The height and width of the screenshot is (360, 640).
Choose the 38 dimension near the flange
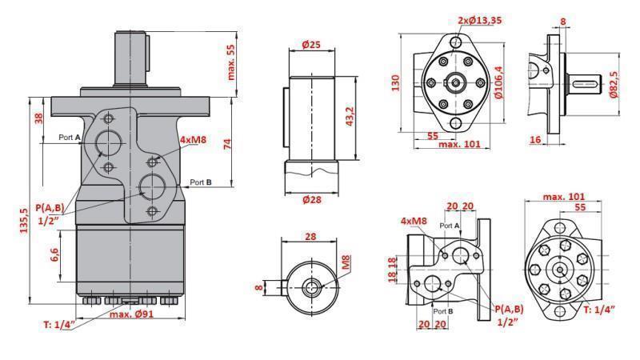(38, 118)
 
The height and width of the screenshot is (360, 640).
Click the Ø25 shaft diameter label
(312, 45)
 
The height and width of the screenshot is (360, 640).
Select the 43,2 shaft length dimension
(350, 110)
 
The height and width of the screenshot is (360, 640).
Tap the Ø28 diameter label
(312, 199)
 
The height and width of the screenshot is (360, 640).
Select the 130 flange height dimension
(395, 83)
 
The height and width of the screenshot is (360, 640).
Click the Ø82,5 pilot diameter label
(614, 84)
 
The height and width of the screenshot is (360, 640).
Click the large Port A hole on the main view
(108, 142)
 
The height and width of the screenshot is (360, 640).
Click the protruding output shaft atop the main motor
(132, 56)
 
